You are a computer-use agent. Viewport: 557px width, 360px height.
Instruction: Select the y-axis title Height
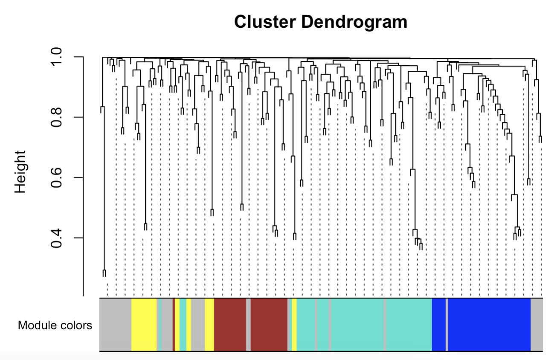click(x=20, y=171)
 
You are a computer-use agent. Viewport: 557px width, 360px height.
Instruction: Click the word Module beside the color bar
click(x=36, y=325)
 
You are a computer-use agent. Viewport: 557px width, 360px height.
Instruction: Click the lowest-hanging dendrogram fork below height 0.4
click(x=104, y=273)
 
